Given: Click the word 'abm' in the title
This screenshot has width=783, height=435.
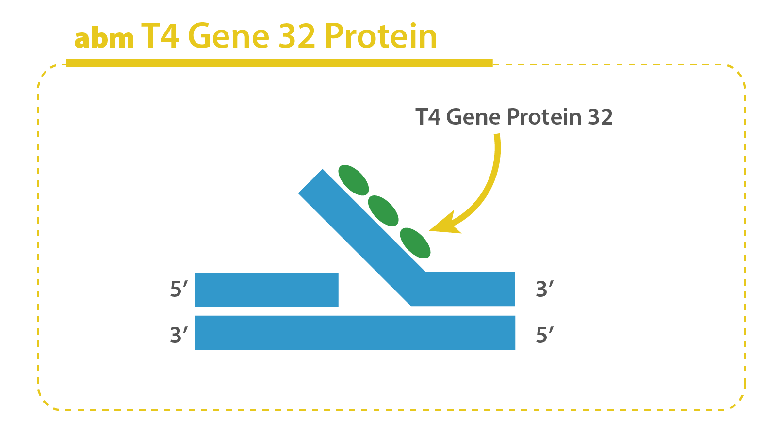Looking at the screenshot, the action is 104,38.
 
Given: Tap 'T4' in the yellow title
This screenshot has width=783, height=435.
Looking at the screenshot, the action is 160,35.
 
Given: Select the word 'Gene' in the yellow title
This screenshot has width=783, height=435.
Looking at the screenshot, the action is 228,35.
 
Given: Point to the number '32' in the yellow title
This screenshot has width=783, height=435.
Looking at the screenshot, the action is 297,35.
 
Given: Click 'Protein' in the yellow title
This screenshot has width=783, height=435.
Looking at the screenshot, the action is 381,35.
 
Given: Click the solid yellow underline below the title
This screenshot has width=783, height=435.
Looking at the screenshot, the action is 279,63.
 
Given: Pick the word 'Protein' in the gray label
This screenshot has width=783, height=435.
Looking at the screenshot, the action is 544,117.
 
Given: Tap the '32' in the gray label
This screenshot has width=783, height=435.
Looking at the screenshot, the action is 601,117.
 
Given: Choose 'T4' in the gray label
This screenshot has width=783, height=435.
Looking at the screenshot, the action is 428,117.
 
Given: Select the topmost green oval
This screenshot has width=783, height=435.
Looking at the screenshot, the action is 353,180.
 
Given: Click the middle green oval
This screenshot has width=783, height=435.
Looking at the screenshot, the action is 383,210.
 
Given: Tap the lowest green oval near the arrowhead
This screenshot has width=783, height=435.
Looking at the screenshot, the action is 415,243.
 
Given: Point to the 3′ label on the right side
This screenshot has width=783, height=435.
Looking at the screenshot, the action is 545,289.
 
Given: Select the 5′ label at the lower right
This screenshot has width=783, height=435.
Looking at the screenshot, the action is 545,335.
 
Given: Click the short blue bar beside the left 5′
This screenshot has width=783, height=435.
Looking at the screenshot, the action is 267,290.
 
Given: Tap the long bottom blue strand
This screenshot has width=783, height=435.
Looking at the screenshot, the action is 355,333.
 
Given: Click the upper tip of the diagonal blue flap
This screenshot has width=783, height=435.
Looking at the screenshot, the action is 322,169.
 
